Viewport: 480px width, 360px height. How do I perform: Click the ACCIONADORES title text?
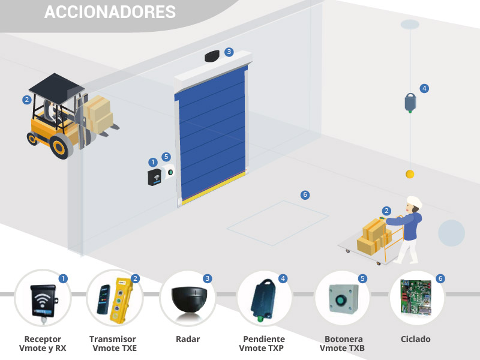(x=110, y=12)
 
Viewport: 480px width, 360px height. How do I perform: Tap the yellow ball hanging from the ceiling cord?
(x=410, y=174)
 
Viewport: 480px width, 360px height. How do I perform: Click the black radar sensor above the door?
(x=212, y=56)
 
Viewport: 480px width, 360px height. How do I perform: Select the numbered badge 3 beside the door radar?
(x=229, y=52)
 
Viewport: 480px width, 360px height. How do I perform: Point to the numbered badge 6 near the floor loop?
(x=305, y=195)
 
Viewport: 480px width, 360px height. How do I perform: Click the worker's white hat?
(x=414, y=202)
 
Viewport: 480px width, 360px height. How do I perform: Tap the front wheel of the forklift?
(x=60, y=147)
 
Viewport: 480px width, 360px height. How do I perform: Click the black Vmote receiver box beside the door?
(x=155, y=177)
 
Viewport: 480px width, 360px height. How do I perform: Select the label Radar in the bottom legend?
(x=188, y=340)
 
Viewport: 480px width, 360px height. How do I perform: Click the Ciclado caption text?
(x=416, y=340)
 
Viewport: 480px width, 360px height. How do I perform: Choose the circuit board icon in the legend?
(x=416, y=298)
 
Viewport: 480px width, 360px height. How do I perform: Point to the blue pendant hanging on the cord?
(x=410, y=102)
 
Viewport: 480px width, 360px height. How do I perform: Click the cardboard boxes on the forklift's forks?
(x=98, y=114)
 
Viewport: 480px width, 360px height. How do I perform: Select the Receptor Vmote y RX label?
(x=43, y=344)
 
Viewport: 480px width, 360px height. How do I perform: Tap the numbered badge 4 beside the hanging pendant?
(x=425, y=88)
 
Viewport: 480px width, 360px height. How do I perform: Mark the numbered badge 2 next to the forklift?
(x=27, y=100)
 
